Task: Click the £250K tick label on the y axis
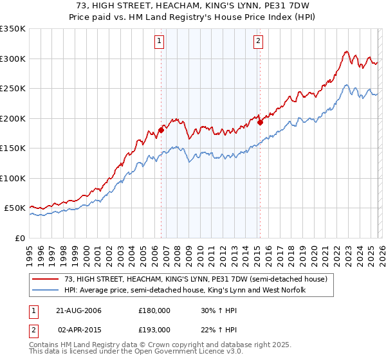coord(13,89)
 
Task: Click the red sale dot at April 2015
coord(260,122)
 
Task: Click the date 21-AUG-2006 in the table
coord(78,310)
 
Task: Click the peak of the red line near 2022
coord(346,51)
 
